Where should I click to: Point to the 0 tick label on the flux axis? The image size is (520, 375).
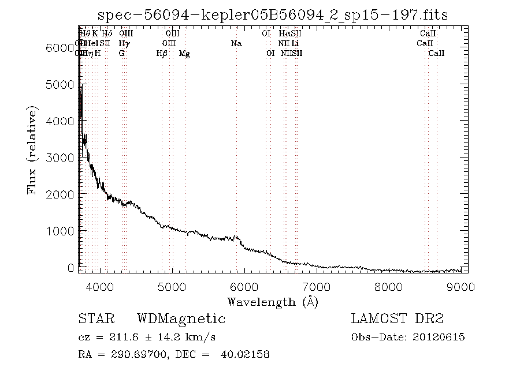tap(70, 268)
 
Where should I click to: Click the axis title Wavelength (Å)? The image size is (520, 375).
tap(273, 302)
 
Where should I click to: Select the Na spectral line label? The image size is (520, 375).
tap(236, 44)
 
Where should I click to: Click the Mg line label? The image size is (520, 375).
tap(184, 54)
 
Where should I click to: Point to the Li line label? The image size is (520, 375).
tap(295, 44)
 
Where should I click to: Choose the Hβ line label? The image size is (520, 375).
tap(162, 54)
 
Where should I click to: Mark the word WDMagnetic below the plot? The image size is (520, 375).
tap(181, 319)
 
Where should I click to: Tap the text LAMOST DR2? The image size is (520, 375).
tap(397, 319)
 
